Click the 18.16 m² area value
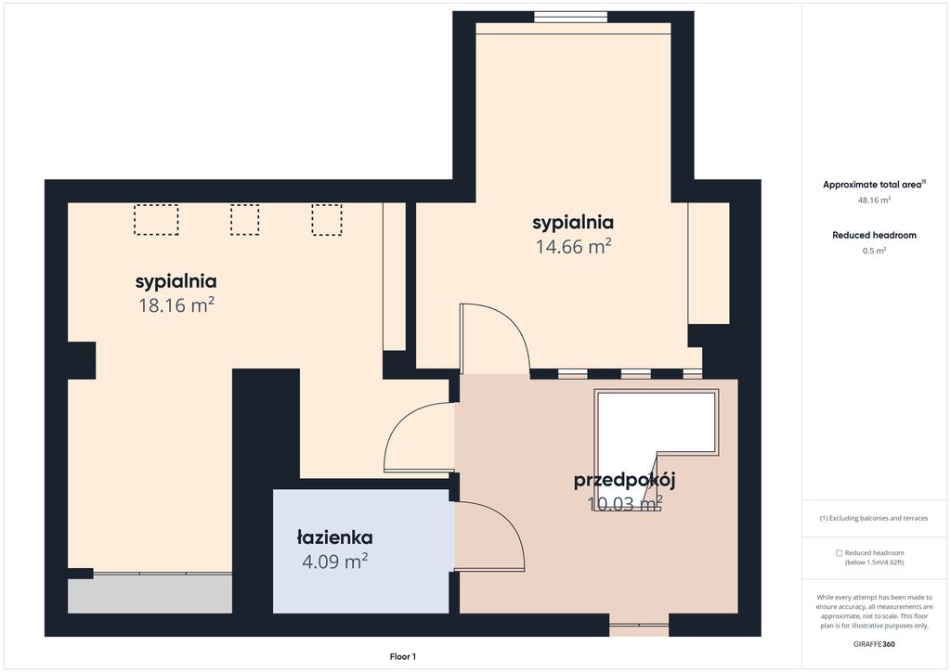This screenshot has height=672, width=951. click(x=176, y=304)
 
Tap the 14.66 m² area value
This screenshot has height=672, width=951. click(x=573, y=247)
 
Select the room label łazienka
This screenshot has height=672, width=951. click(x=334, y=537)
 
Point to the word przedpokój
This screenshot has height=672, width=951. click(x=625, y=481)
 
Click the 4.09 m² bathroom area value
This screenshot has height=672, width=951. click(x=334, y=562)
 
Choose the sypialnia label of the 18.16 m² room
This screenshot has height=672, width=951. click(x=176, y=282)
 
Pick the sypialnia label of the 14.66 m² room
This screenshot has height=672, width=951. click(x=573, y=223)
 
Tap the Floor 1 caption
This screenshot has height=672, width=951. click(x=403, y=657)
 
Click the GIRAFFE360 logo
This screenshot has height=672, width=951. click(x=874, y=644)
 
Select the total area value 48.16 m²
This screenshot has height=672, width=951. click(x=874, y=200)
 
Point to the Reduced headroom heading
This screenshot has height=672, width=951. click(x=874, y=235)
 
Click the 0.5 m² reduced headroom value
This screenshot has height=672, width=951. click(x=874, y=251)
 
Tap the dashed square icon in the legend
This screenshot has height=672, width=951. click(x=840, y=552)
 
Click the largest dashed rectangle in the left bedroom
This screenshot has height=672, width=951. click(x=156, y=219)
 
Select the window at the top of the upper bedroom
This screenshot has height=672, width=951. click(x=572, y=17)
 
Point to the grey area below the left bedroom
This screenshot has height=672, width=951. click(x=150, y=594)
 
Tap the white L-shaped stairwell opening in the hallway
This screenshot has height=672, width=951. click(x=625, y=451)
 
